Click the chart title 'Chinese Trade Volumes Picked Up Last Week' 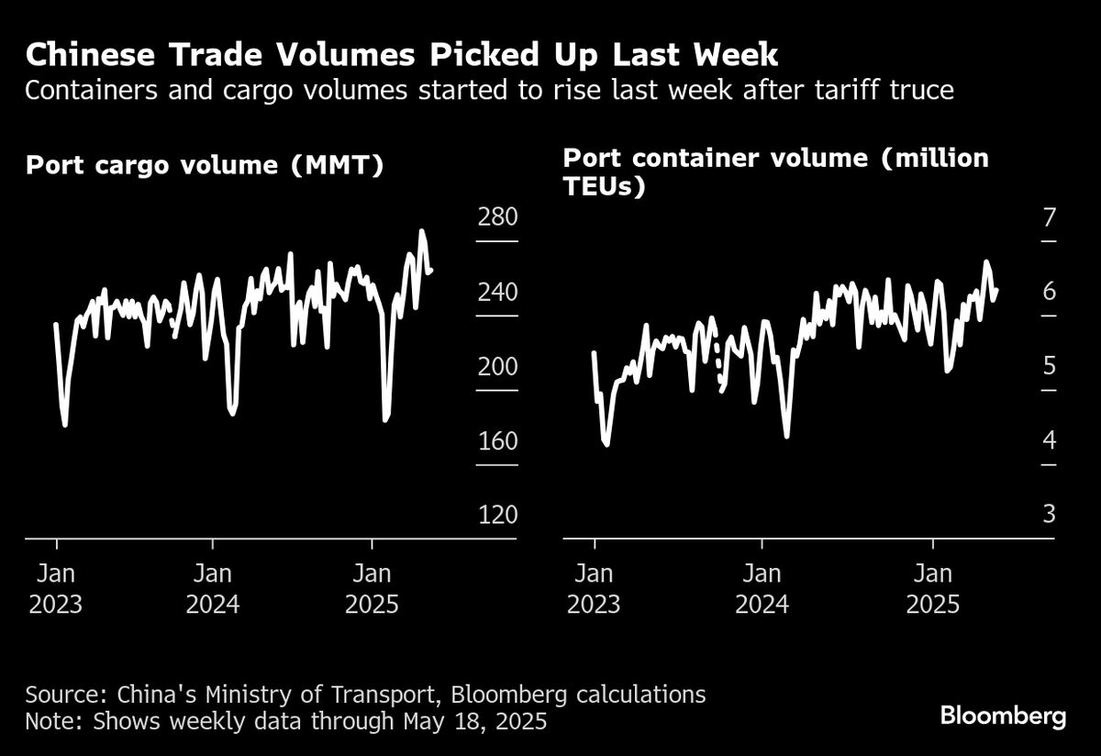[x=402, y=56]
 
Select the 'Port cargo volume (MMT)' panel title [x=205, y=165]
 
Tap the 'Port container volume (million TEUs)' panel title [x=775, y=172]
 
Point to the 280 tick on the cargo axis [x=497, y=218]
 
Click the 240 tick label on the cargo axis [x=497, y=293]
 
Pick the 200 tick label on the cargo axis [x=497, y=367]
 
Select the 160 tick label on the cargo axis [x=497, y=441]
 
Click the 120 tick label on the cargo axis [x=497, y=516]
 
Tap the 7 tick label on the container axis [x=1050, y=218]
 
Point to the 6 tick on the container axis [x=1050, y=293]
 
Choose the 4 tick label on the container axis [x=1050, y=441]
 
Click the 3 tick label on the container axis [x=1050, y=516]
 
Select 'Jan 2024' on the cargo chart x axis [x=213, y=589]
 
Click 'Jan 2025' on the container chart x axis [x=933, y=589]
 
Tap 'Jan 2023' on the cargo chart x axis [x=56, y=589]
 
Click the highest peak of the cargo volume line [x=422, y=232]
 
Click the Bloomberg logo [x=1003, y=717]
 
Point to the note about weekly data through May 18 [x=286, y=722]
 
